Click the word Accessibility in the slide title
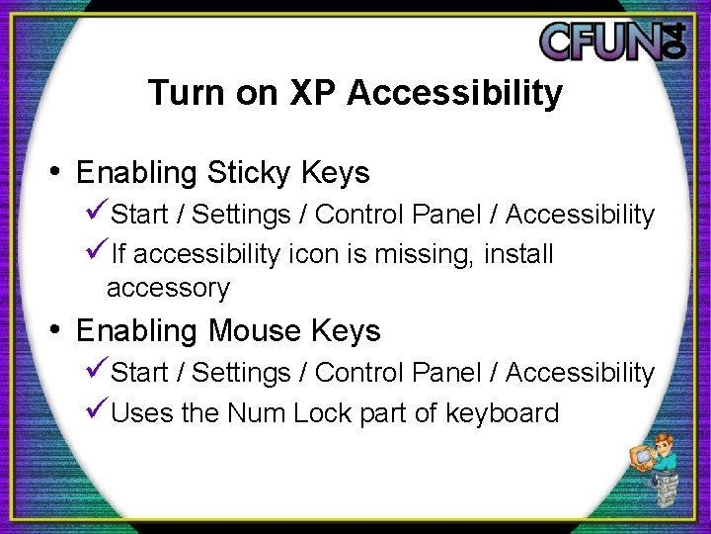click(455, 93)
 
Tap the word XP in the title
click(314, 93)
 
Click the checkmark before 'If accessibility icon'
click(97, 253)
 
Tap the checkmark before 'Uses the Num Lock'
click(97, 411)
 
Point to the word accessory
click(168, 289)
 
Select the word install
click(518, 254)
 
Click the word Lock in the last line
click(324, 412)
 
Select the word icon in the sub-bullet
click(311, 254)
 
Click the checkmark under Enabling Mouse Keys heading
click(97, 372)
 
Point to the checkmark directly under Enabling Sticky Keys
click(97, 214)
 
